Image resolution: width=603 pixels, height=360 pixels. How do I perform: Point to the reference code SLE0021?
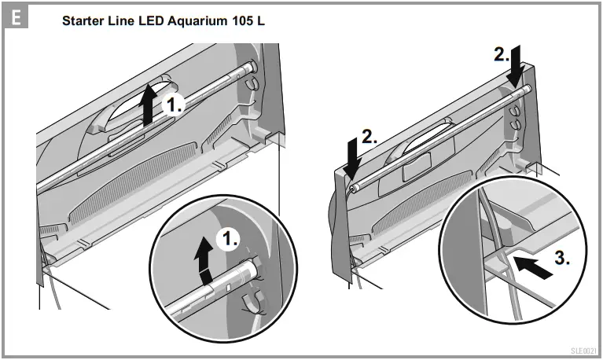click(584, 351)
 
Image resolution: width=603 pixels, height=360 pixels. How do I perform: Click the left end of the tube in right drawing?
click(356, 188)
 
